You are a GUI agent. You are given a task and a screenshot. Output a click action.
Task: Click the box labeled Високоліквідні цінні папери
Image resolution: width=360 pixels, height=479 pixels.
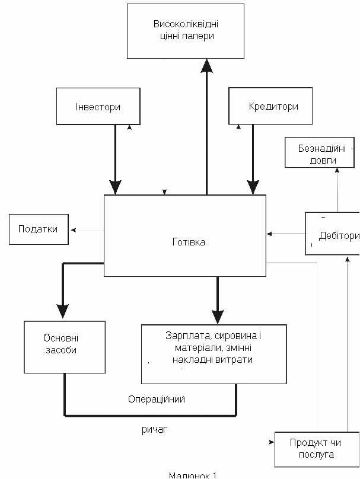click(x=186, y=31)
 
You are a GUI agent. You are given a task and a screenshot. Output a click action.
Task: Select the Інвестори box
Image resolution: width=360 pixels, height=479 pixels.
click(x=98, y=106)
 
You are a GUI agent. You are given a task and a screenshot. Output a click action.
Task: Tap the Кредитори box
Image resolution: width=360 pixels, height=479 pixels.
click(x=270, y=106)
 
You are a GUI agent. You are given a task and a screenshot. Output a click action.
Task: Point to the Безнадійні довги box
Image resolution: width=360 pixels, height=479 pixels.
click(x=320, y=152)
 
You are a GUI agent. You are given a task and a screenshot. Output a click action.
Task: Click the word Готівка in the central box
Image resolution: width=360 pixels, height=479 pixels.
click(x=189, y=242)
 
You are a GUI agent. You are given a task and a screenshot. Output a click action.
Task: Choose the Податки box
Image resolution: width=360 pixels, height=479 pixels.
click(x=39, y=229)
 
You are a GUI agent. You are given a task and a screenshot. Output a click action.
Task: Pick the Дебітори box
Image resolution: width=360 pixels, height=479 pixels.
click(x=333, y=234)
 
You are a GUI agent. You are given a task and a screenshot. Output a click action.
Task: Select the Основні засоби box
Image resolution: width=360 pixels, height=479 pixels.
click(x=65, y=347)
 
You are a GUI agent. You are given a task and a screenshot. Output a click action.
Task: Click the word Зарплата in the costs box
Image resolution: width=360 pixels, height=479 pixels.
click(x=189, y=336)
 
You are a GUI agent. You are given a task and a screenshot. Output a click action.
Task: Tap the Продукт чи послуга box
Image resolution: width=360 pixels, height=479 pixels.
click(x=317, y=449)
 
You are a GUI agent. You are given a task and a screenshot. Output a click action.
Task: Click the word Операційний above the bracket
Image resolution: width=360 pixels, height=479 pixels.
click(x=157, y=400)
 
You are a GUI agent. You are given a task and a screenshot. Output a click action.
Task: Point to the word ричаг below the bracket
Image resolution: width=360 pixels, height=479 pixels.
click(x=155, y=430)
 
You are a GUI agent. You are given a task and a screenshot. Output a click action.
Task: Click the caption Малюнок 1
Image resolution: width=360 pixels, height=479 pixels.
click(x=193, y=475)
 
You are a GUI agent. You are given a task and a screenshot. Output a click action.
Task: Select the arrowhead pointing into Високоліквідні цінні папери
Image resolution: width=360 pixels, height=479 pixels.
click(x=207, y=66)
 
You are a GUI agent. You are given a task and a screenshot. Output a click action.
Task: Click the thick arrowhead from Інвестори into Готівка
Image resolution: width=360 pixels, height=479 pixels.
click(x=115, y=187)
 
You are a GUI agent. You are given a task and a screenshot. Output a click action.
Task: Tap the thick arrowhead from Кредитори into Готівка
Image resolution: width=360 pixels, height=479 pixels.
click(x=253, y=187)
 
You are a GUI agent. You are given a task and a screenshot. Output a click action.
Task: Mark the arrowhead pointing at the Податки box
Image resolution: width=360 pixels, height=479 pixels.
click(x=74, y=230)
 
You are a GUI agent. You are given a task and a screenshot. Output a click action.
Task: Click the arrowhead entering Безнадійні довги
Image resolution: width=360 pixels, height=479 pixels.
click(x=337, y=170)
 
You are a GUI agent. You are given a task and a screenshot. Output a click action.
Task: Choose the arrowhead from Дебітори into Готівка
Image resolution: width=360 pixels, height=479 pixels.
click(x=269, y=234)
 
